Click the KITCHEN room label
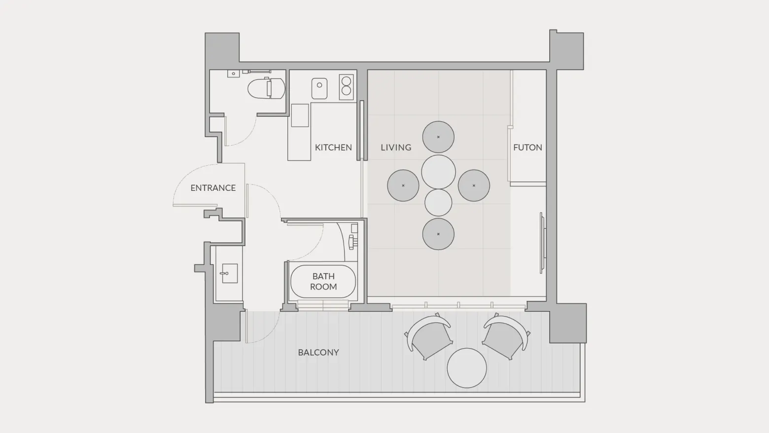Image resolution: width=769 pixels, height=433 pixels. pos(333,147)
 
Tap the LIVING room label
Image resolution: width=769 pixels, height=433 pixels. pos(396,147)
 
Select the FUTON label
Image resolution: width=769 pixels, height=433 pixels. pos(527,147)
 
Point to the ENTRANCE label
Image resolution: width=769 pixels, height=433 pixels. pos(213,188)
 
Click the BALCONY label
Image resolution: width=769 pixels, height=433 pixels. pos(318,352)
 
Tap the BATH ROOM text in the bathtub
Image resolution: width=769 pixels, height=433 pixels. pos(323,281)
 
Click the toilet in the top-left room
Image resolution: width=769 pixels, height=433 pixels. pos(266,88)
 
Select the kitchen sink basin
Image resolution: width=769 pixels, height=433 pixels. pos(319,88)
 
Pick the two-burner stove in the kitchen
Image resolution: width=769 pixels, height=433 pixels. pos(347,87)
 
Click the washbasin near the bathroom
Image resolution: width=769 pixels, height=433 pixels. pos(230,273)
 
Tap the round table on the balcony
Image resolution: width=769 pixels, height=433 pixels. pos(467,368)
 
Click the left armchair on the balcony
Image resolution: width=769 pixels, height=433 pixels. pos(429,336)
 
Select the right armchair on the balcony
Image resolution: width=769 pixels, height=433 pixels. pos(506,336)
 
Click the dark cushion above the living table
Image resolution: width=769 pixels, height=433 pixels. pos(438,137)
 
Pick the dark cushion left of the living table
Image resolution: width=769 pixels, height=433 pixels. pos(403,185)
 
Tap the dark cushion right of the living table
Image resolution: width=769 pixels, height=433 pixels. pos(474,185)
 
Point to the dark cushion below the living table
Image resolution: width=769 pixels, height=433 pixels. pos(438,234)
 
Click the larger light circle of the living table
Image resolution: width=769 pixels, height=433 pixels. pos(438,172)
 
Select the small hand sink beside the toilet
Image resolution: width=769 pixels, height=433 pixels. pos(234,73)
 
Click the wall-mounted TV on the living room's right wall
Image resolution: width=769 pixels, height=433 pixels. pos(542,243)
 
